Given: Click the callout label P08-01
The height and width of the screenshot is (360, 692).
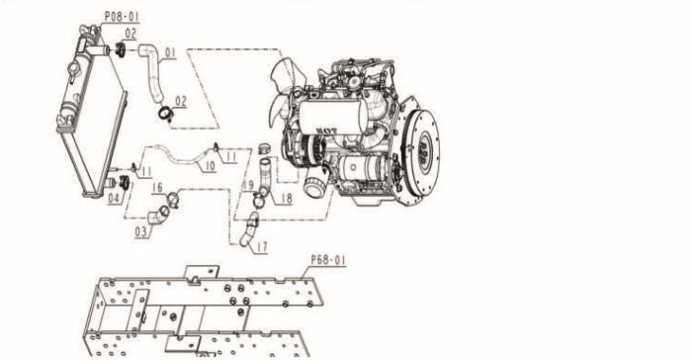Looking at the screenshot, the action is click(x=122, y=17).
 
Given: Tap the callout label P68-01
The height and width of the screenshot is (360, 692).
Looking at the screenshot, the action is click(x=328, y=260).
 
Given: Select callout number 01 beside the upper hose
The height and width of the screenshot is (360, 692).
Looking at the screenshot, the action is click(x=170, y=53).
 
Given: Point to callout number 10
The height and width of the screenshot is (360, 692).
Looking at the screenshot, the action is click(x=210, y=166).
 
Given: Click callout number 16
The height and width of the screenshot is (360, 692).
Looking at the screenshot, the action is click(x=157, y=188).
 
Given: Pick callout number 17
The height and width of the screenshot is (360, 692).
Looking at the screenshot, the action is click(x=262, y=247).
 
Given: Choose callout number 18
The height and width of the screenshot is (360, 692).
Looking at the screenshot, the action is click(x=287, y=198).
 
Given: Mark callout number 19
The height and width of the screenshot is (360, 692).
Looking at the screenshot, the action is click(x=248, y=186).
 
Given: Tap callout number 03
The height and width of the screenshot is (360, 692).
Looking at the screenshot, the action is click(x=141, y=232).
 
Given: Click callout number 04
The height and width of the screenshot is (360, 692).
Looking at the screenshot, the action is click(x=114, y=199).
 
